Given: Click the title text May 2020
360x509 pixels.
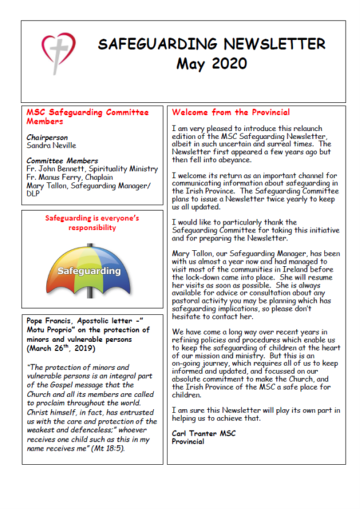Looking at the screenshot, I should [211, 63].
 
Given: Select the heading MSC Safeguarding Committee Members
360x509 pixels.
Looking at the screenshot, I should [87, 117].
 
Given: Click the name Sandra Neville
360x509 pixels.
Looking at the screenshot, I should [51, 146].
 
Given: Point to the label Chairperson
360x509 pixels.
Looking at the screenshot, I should [47, 138].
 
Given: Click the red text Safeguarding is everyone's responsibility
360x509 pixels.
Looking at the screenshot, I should [93, 222].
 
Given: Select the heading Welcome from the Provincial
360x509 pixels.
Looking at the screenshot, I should [230, 112].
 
